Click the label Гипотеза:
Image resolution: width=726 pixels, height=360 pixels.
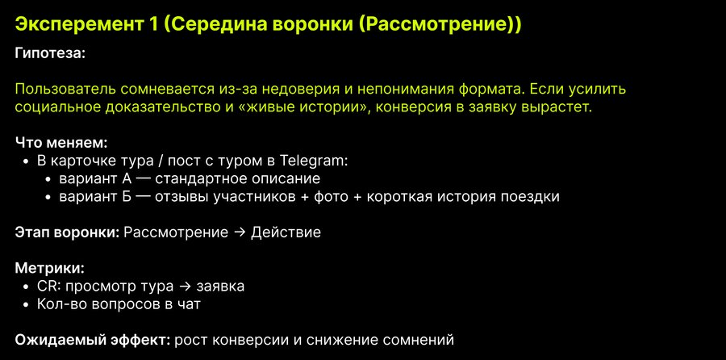(50, 53)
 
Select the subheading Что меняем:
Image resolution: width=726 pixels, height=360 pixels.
(61, 143)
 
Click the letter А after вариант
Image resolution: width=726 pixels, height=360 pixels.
(115, 178)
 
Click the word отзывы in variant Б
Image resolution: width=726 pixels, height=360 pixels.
(182, 196)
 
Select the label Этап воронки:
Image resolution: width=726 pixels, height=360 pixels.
(68, 232)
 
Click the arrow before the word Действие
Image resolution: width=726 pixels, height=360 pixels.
(240, 232)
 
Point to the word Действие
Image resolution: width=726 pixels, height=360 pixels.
(286, 232)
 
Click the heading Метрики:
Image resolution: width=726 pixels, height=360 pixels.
(50, 268)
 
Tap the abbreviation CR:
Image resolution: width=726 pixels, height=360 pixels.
(49, 287)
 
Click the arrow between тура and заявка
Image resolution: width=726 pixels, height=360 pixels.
(185, 287)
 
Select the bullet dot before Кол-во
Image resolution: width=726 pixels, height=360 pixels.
(26, 305)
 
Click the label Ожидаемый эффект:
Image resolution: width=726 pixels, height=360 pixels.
(94, 340)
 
